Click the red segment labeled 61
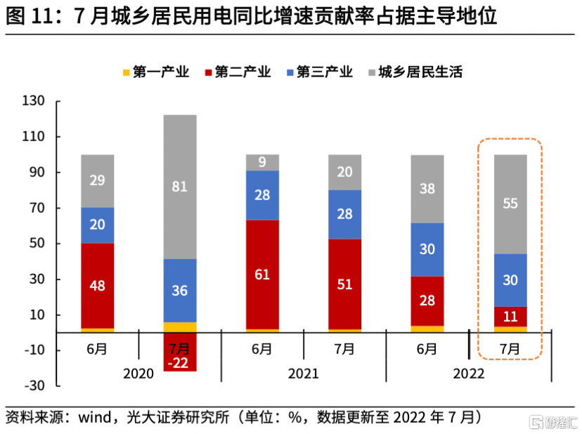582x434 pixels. pos(262,275)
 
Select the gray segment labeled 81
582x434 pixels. pos(180,187)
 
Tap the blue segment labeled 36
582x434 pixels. pos(180,291)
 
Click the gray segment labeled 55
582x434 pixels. pos(510,204)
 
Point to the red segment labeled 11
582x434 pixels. pos(510,317)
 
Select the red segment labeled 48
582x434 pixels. pos(97,286)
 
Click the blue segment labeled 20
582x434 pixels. pos(97,225)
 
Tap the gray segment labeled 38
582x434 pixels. pos(427,188)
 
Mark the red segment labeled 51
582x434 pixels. pos(344,284)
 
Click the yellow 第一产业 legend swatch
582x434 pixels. pos(126,72)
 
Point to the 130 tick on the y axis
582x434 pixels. pos(34,101)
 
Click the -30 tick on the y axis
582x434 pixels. pos(34,386)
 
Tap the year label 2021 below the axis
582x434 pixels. pos(304,374)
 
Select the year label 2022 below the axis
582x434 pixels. pos(469,374)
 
